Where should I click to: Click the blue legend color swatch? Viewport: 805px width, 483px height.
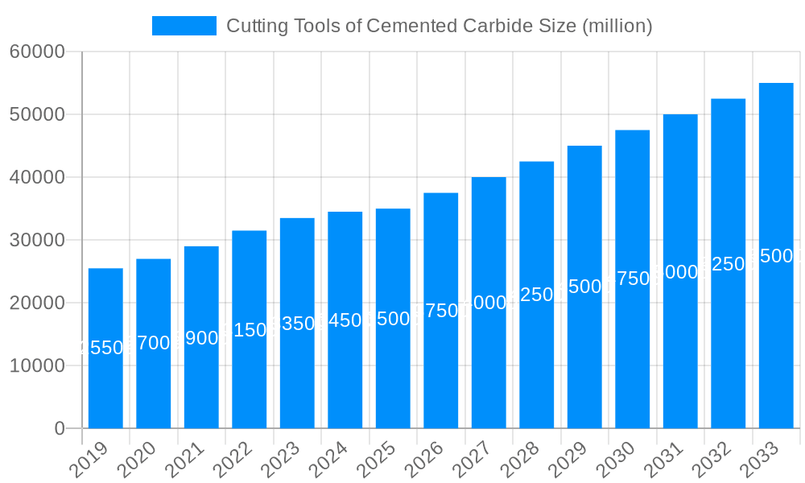tap(184, 26)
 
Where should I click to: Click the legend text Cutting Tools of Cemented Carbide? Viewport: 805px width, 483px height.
tap(439, 26)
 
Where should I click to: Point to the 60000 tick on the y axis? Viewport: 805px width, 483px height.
tap(37, 52)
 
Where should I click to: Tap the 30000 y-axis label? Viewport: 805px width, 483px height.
tap(37, 241)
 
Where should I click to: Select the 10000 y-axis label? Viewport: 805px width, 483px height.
tap(37, 366)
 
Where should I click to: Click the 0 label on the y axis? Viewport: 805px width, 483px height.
tap(60, 429)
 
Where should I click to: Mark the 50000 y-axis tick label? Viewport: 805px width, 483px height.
tap(37, 115)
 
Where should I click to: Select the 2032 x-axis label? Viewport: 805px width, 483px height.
tap(718, 460)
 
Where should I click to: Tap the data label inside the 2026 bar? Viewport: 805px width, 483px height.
tap(440, 311)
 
